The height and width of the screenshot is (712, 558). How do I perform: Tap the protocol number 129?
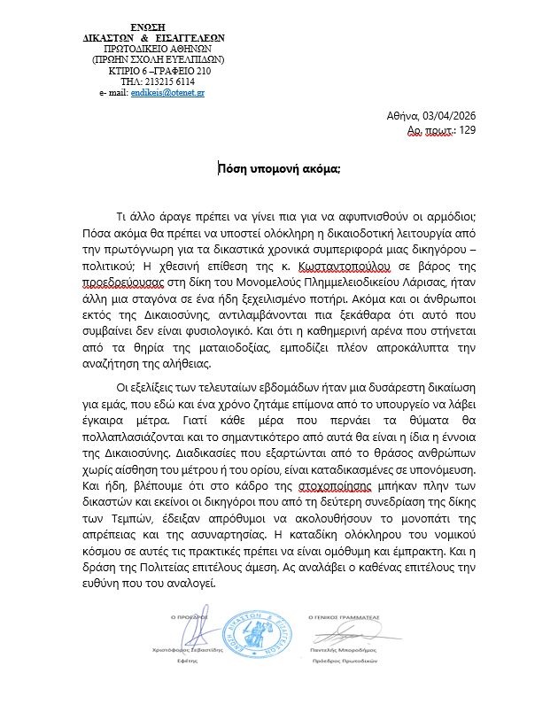pos(468,130)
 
